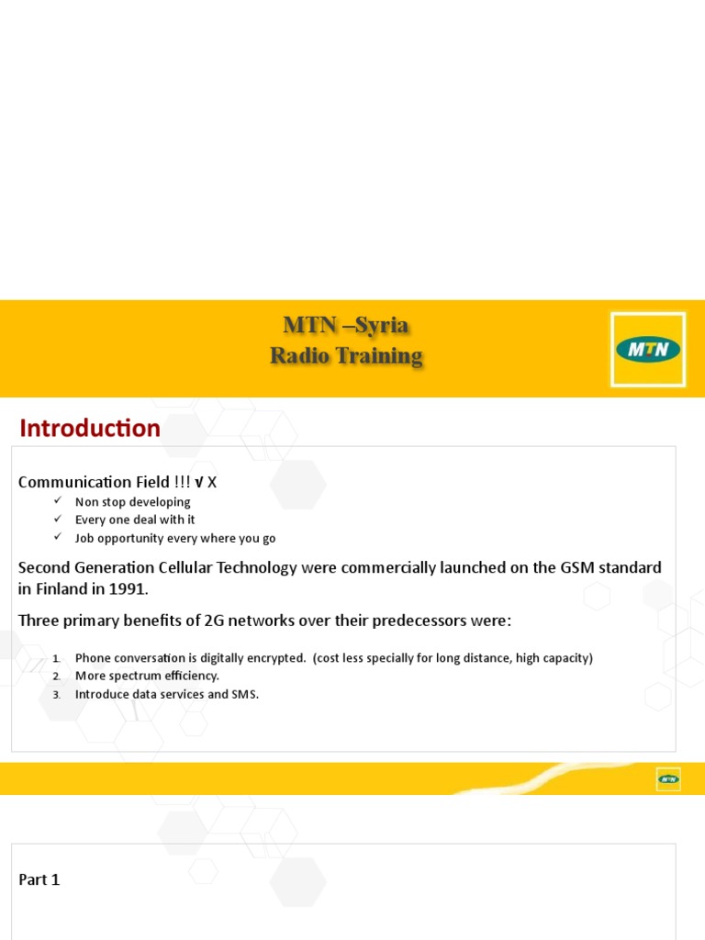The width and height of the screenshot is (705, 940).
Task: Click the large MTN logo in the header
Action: tap(648, 349)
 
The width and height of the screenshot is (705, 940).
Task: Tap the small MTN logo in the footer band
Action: tap(668, 779)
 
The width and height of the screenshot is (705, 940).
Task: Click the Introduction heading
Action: tap(90, 429)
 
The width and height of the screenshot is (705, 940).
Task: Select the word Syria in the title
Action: tap(382, 326)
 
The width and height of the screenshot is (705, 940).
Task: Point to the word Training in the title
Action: tap(378, 356)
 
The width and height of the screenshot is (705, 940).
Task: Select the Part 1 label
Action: tap(39, 879)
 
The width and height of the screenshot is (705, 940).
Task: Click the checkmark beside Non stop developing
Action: tap(57, 501)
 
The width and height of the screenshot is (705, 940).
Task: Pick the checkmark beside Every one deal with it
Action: tap(57, 520)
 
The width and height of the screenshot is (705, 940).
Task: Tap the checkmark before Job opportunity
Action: tap(57, 538)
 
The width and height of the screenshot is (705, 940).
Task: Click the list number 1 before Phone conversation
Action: tap(56, 658)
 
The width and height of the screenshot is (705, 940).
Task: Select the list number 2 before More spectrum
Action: tap(56, 677)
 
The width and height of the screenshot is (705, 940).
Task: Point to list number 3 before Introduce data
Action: tap(56, 695)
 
